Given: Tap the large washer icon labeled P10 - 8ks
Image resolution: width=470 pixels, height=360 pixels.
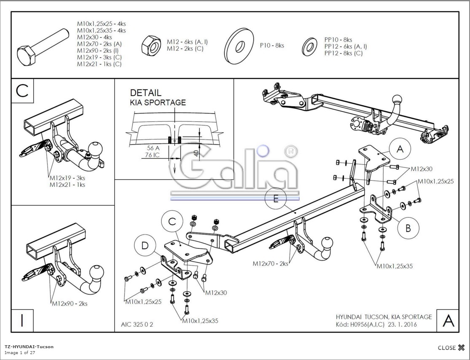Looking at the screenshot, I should click(x=240, y=46).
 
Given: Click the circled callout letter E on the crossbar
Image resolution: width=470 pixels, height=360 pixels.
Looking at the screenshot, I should click(x=276, y=199).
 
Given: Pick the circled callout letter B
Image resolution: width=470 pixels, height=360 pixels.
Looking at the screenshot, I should click(x=408, y=228).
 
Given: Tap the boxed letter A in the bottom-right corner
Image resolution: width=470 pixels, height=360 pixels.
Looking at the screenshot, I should click(x=448, y=321).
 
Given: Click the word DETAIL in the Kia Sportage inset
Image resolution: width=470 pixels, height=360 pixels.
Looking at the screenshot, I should click(x=145, y=93).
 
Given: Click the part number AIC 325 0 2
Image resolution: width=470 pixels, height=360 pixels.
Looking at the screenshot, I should click(x=137, y=324).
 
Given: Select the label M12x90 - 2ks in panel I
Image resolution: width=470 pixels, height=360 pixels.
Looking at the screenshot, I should click(x=70, y=304).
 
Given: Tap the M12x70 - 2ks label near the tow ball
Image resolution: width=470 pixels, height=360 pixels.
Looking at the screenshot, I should click(x=270, y=263).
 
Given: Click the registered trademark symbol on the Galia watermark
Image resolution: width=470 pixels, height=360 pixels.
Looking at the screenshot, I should click(x=291, y=152).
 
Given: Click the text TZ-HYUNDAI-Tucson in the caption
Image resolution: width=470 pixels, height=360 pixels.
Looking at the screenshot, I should click(x=29, y=347).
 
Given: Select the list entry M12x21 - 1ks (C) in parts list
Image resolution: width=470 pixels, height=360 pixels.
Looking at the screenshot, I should click(x=99, y=64).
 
